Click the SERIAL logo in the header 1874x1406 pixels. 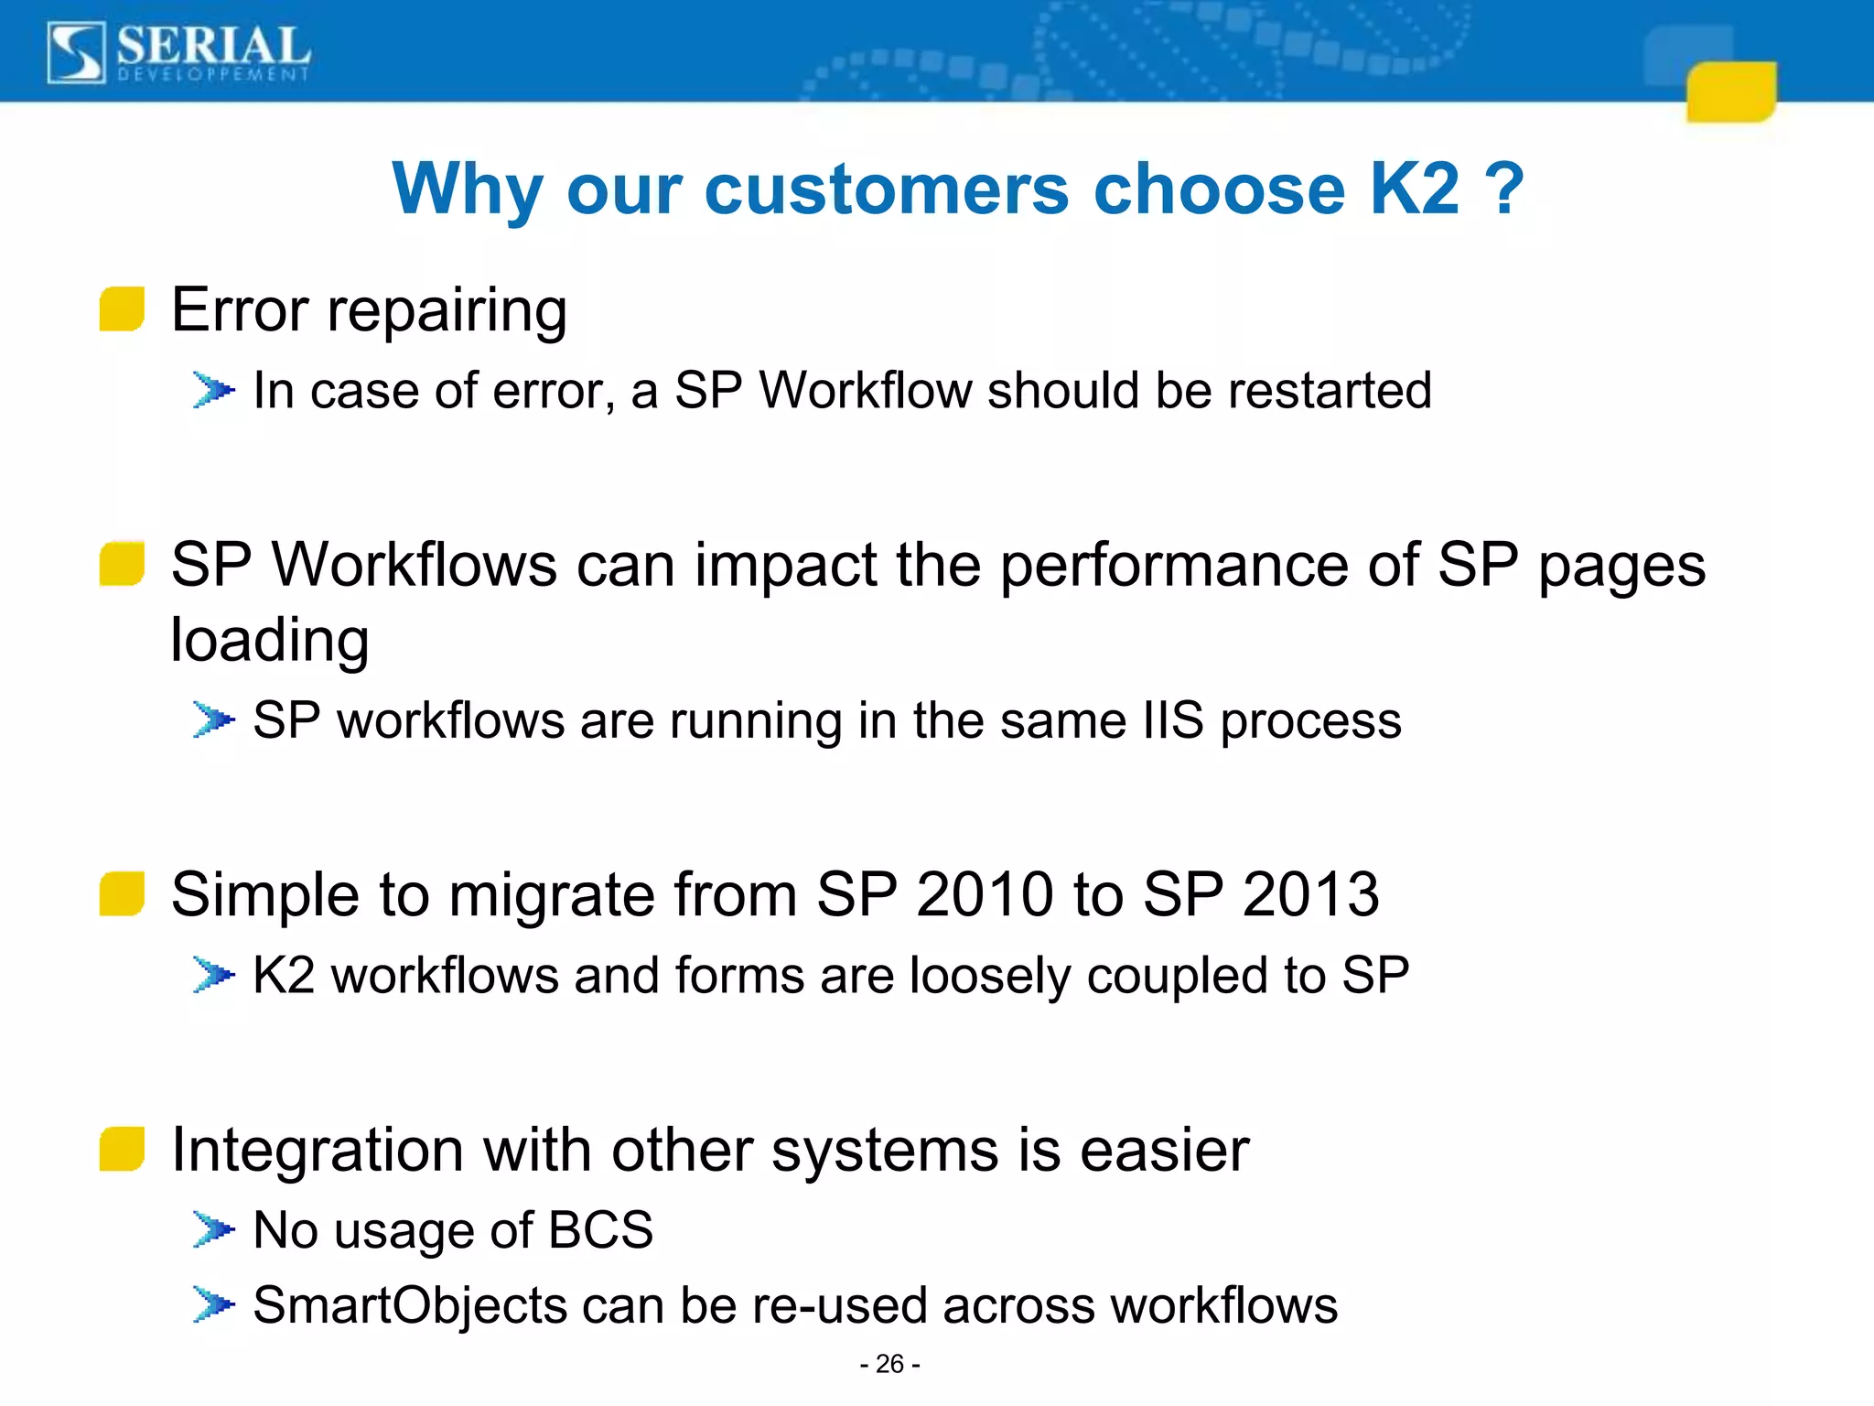point(178,53)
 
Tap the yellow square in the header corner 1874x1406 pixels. point(1730,92)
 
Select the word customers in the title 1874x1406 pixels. point(886,189)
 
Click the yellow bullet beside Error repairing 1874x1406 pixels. point(122,308)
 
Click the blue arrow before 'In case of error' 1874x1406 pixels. point(213,391)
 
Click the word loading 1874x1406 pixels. point(270,640)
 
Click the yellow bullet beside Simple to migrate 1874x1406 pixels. point(122,893)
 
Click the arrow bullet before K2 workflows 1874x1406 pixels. point(213,975)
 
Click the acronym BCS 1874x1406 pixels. point(600,1229)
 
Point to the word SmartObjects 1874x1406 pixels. point(409,1305)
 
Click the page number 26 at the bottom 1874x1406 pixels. point(889,1364)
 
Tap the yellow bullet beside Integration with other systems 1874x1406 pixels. point(122,1149)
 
